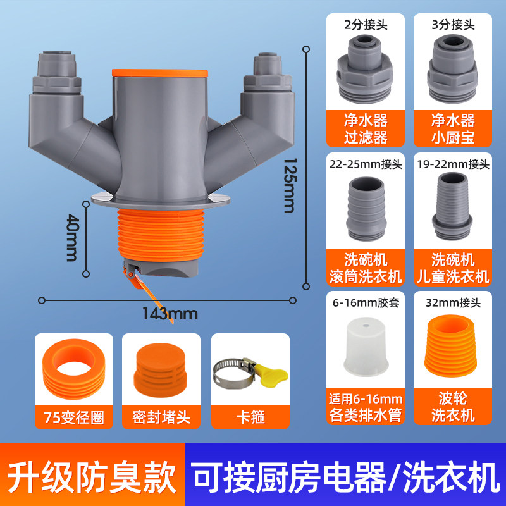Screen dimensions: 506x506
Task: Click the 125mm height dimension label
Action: click(x=289, y=185)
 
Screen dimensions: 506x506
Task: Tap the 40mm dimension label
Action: click(x=71, y=238)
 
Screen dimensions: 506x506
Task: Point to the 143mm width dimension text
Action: click(x=170, y=314)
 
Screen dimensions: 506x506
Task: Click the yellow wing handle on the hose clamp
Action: click(x=271, y=373)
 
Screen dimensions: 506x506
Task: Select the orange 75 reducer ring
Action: click(x=73, y=369)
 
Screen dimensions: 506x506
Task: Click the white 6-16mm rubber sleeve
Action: click(x=366, y=347)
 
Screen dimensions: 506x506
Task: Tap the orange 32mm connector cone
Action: click(x=450, y=346)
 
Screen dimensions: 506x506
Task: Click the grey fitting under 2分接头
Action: click(x=365, y=69)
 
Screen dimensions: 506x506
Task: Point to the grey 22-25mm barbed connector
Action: click(x=366, y=209)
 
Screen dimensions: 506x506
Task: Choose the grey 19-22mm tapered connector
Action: click(x=452, y=206)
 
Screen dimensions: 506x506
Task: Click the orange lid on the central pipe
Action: click(x=160, y=73)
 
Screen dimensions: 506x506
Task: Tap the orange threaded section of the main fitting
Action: click(x=161, y=235)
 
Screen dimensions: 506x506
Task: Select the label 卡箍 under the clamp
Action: click(x=250, y=417)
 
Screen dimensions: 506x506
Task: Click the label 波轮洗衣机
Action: click(x=453, y=407)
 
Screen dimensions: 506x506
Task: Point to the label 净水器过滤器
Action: click(x=366, y=129)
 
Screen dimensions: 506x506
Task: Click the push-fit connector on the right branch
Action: click(x=268, y=73)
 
